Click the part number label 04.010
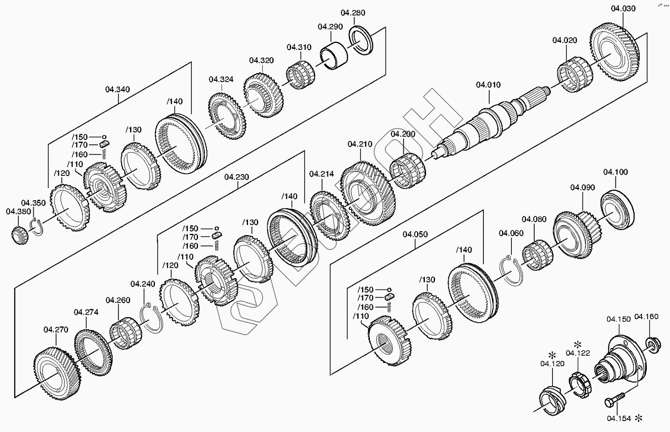coord(488,85)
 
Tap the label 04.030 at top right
coord(623,9)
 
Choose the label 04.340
coord(117,89)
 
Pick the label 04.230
coord(236,177)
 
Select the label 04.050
coord(415,234)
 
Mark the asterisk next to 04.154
coord(639,418)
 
